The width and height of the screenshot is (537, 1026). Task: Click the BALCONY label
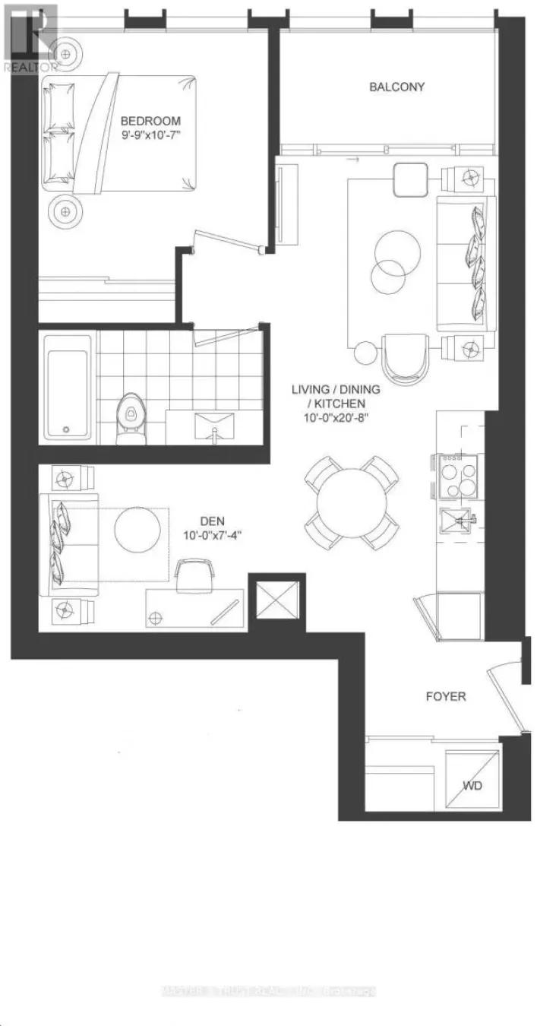396,87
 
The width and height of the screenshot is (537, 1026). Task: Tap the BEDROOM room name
151,120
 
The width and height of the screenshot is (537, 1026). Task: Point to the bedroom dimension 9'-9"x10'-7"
152,135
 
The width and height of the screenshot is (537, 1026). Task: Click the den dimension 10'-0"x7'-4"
211,535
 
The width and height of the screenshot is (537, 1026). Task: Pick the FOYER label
445,696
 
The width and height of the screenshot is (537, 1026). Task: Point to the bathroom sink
214,426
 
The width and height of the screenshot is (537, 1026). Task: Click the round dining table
351,502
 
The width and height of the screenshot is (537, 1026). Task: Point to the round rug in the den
137,530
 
